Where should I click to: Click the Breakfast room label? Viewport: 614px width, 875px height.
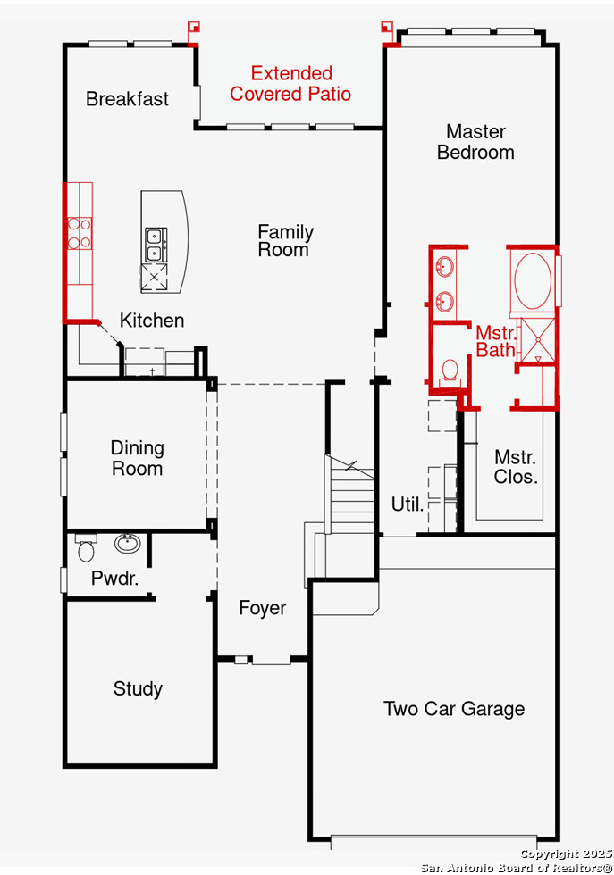[128, 99]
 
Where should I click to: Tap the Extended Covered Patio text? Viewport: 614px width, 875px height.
[290, 83]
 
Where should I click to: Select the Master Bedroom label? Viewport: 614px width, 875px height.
[475, 142]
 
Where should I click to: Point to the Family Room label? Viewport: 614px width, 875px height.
[285, 240]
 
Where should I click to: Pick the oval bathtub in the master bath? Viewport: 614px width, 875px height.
[533, 280]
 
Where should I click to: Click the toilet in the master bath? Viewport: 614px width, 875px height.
[450, 373]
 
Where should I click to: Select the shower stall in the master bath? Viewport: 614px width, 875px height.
[537, 339]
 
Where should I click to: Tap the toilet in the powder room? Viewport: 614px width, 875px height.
[86, 548]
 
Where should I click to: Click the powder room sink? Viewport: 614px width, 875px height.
[128, 543]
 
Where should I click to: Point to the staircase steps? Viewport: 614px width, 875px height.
[351, 496]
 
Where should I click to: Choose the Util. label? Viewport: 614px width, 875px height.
[408, 504]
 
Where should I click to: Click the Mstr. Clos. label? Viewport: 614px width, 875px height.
[516, 466]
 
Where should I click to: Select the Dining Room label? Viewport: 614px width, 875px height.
[138, 458]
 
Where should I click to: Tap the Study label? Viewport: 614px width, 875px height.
[138, 688]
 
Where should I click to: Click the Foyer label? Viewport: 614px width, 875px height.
[263, 608]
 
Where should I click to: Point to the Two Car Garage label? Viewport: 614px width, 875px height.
[454, 709]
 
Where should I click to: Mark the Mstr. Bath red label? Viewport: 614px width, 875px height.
[495, 341]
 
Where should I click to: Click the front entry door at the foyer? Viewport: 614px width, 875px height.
[271, 660]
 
